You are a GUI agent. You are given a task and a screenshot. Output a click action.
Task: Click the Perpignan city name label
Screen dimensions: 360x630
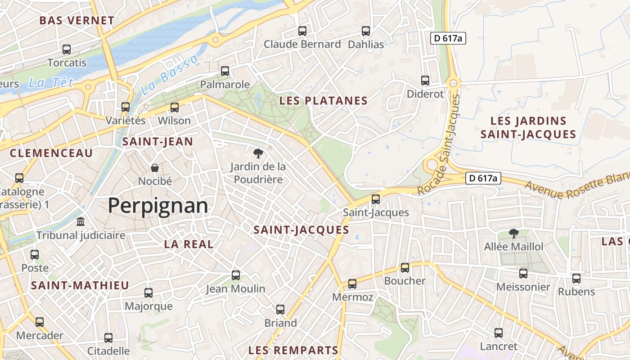click(x=158, y=206)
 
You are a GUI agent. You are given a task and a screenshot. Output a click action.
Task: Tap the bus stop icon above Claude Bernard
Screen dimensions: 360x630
click(x=302, y=31)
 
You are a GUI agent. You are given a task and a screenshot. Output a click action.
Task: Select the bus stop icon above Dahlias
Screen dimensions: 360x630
click(x=366, y=31)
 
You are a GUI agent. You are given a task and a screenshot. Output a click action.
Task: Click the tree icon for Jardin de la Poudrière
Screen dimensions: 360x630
click(x=258, y=153)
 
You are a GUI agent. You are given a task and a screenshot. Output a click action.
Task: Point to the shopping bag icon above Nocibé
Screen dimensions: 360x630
click(x=155, y=168)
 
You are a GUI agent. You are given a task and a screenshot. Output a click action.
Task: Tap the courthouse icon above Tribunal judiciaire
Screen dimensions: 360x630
click(x=81, y=222)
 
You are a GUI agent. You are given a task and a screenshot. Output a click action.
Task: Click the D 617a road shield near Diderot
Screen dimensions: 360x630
click(x=447, y=39)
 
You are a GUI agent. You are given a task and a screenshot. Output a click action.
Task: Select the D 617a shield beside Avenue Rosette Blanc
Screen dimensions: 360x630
click(x=483, y=178)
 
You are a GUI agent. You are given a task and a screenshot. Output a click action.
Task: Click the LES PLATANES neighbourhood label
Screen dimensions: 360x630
click(x=324, y=101)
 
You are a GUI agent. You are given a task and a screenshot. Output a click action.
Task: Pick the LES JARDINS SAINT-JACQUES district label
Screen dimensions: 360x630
click(x=528, y=127)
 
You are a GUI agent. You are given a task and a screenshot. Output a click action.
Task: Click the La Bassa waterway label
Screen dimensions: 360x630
click(x=169, y=75)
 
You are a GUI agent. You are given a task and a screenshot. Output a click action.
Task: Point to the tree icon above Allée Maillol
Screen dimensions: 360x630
click(x=513, y=233)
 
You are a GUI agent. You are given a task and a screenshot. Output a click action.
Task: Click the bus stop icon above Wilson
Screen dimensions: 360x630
click(x=174, y=108)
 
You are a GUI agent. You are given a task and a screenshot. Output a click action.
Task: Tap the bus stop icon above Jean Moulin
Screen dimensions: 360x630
click(x=235, y=275)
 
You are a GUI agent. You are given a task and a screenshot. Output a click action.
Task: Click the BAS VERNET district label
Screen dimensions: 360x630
click(x=77, y=21)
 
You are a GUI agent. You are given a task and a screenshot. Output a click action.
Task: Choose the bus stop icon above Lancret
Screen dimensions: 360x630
click(x=499, y=333)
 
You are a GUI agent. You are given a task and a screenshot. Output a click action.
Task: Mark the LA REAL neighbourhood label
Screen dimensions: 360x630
click(x=189, y=244)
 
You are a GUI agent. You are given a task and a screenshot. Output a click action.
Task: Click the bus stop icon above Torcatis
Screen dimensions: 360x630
click(x=67, y=49)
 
